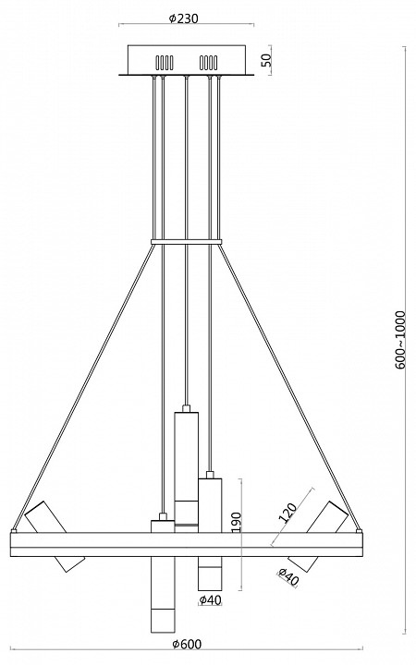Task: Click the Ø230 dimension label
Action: pos(187,16)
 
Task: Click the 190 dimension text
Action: pos(237,524)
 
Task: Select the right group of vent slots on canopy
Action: pos(209,63)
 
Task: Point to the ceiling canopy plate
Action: pos(187,64)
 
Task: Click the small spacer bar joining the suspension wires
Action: pos(187,243)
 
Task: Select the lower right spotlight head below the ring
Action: pos(301,562)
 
